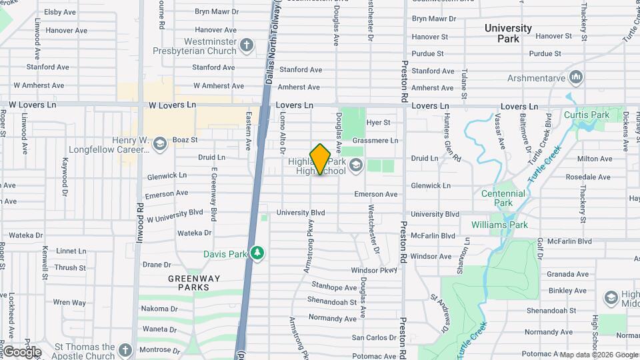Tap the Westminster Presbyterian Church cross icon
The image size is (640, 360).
pos(247,45)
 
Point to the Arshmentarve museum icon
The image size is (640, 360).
pos(576,79)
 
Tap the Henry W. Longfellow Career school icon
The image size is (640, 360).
pos(159,144)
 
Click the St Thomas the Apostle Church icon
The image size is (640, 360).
pos(125,351)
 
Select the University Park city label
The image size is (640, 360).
pos(508,33)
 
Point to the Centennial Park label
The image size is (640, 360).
pos(503,198)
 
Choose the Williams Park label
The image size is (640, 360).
pos(499,225)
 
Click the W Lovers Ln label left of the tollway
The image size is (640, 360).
pos(172,105)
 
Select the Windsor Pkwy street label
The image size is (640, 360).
pos(374,270)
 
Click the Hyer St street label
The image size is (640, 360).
pos(378,123)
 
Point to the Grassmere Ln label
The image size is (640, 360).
pos(375,141)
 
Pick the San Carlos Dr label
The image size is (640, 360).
pos(374,338)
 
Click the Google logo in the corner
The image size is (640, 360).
pos(21,351)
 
